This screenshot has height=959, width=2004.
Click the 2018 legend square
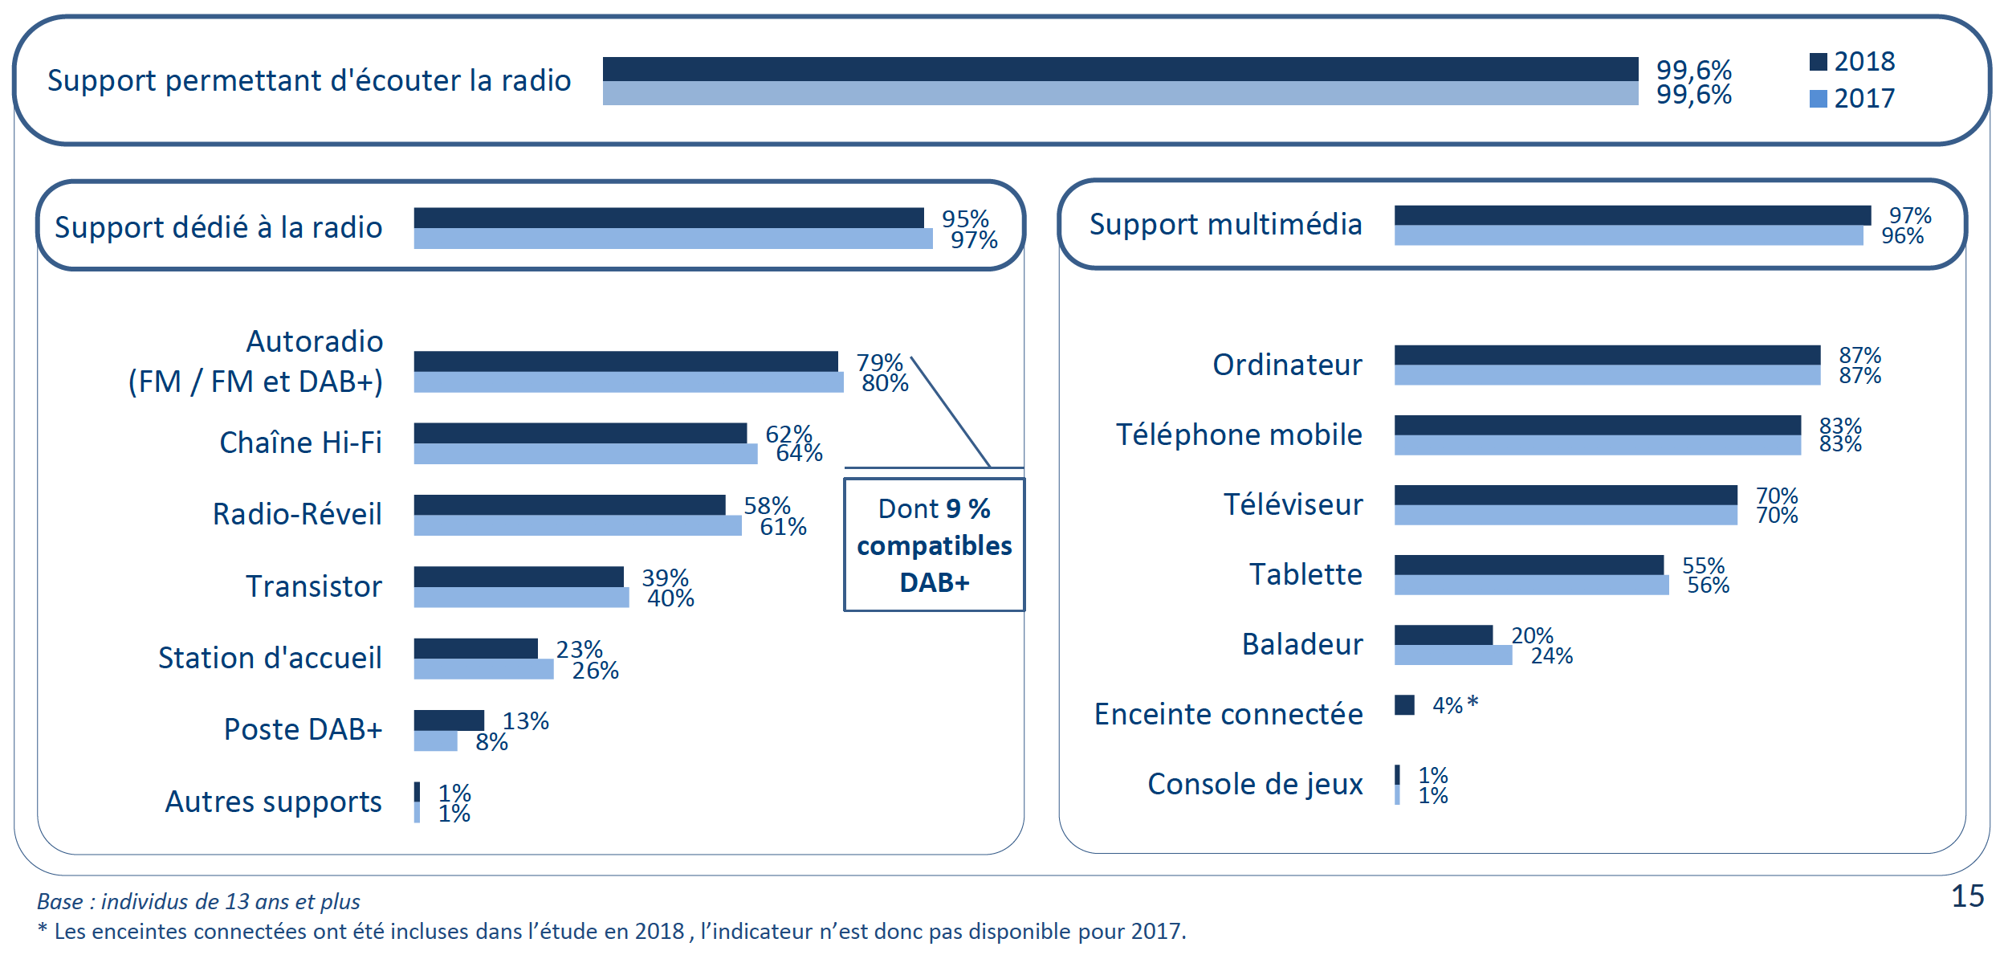(x=1818, y=62)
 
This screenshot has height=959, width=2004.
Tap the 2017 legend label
(x=1864, y=99)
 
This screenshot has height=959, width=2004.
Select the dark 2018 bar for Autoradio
(x=625, y=361)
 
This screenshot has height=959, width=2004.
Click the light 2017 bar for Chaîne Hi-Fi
(x=585, y=454)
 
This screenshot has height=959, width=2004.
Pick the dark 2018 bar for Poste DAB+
(x=449, y=720)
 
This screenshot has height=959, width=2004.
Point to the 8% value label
(x=491, y=742)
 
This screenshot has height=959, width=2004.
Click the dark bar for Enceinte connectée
(x=1404, y=705)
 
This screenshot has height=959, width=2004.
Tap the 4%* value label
(x=1455, y=705)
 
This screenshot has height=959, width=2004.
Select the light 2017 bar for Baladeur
(x=1452, y=655)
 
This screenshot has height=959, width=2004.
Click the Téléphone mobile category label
(x=1239, y=435)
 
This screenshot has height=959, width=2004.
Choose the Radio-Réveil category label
(x=297, y=514)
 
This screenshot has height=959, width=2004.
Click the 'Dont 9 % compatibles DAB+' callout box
(x=934, y=545)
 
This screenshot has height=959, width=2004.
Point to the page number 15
(x=1967, y=896)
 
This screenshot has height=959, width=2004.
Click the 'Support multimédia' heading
(x=1225, y=224)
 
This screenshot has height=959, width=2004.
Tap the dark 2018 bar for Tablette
(x=1529, y=565)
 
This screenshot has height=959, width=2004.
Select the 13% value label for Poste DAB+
(x=526, y=721)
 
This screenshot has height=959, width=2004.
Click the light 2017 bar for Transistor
(x=521, y=598)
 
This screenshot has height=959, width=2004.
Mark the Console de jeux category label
(x=1255, y=784)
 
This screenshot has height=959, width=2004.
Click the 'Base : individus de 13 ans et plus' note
(x=198, y=901)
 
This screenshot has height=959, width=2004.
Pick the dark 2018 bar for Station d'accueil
(x=475, y=648)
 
